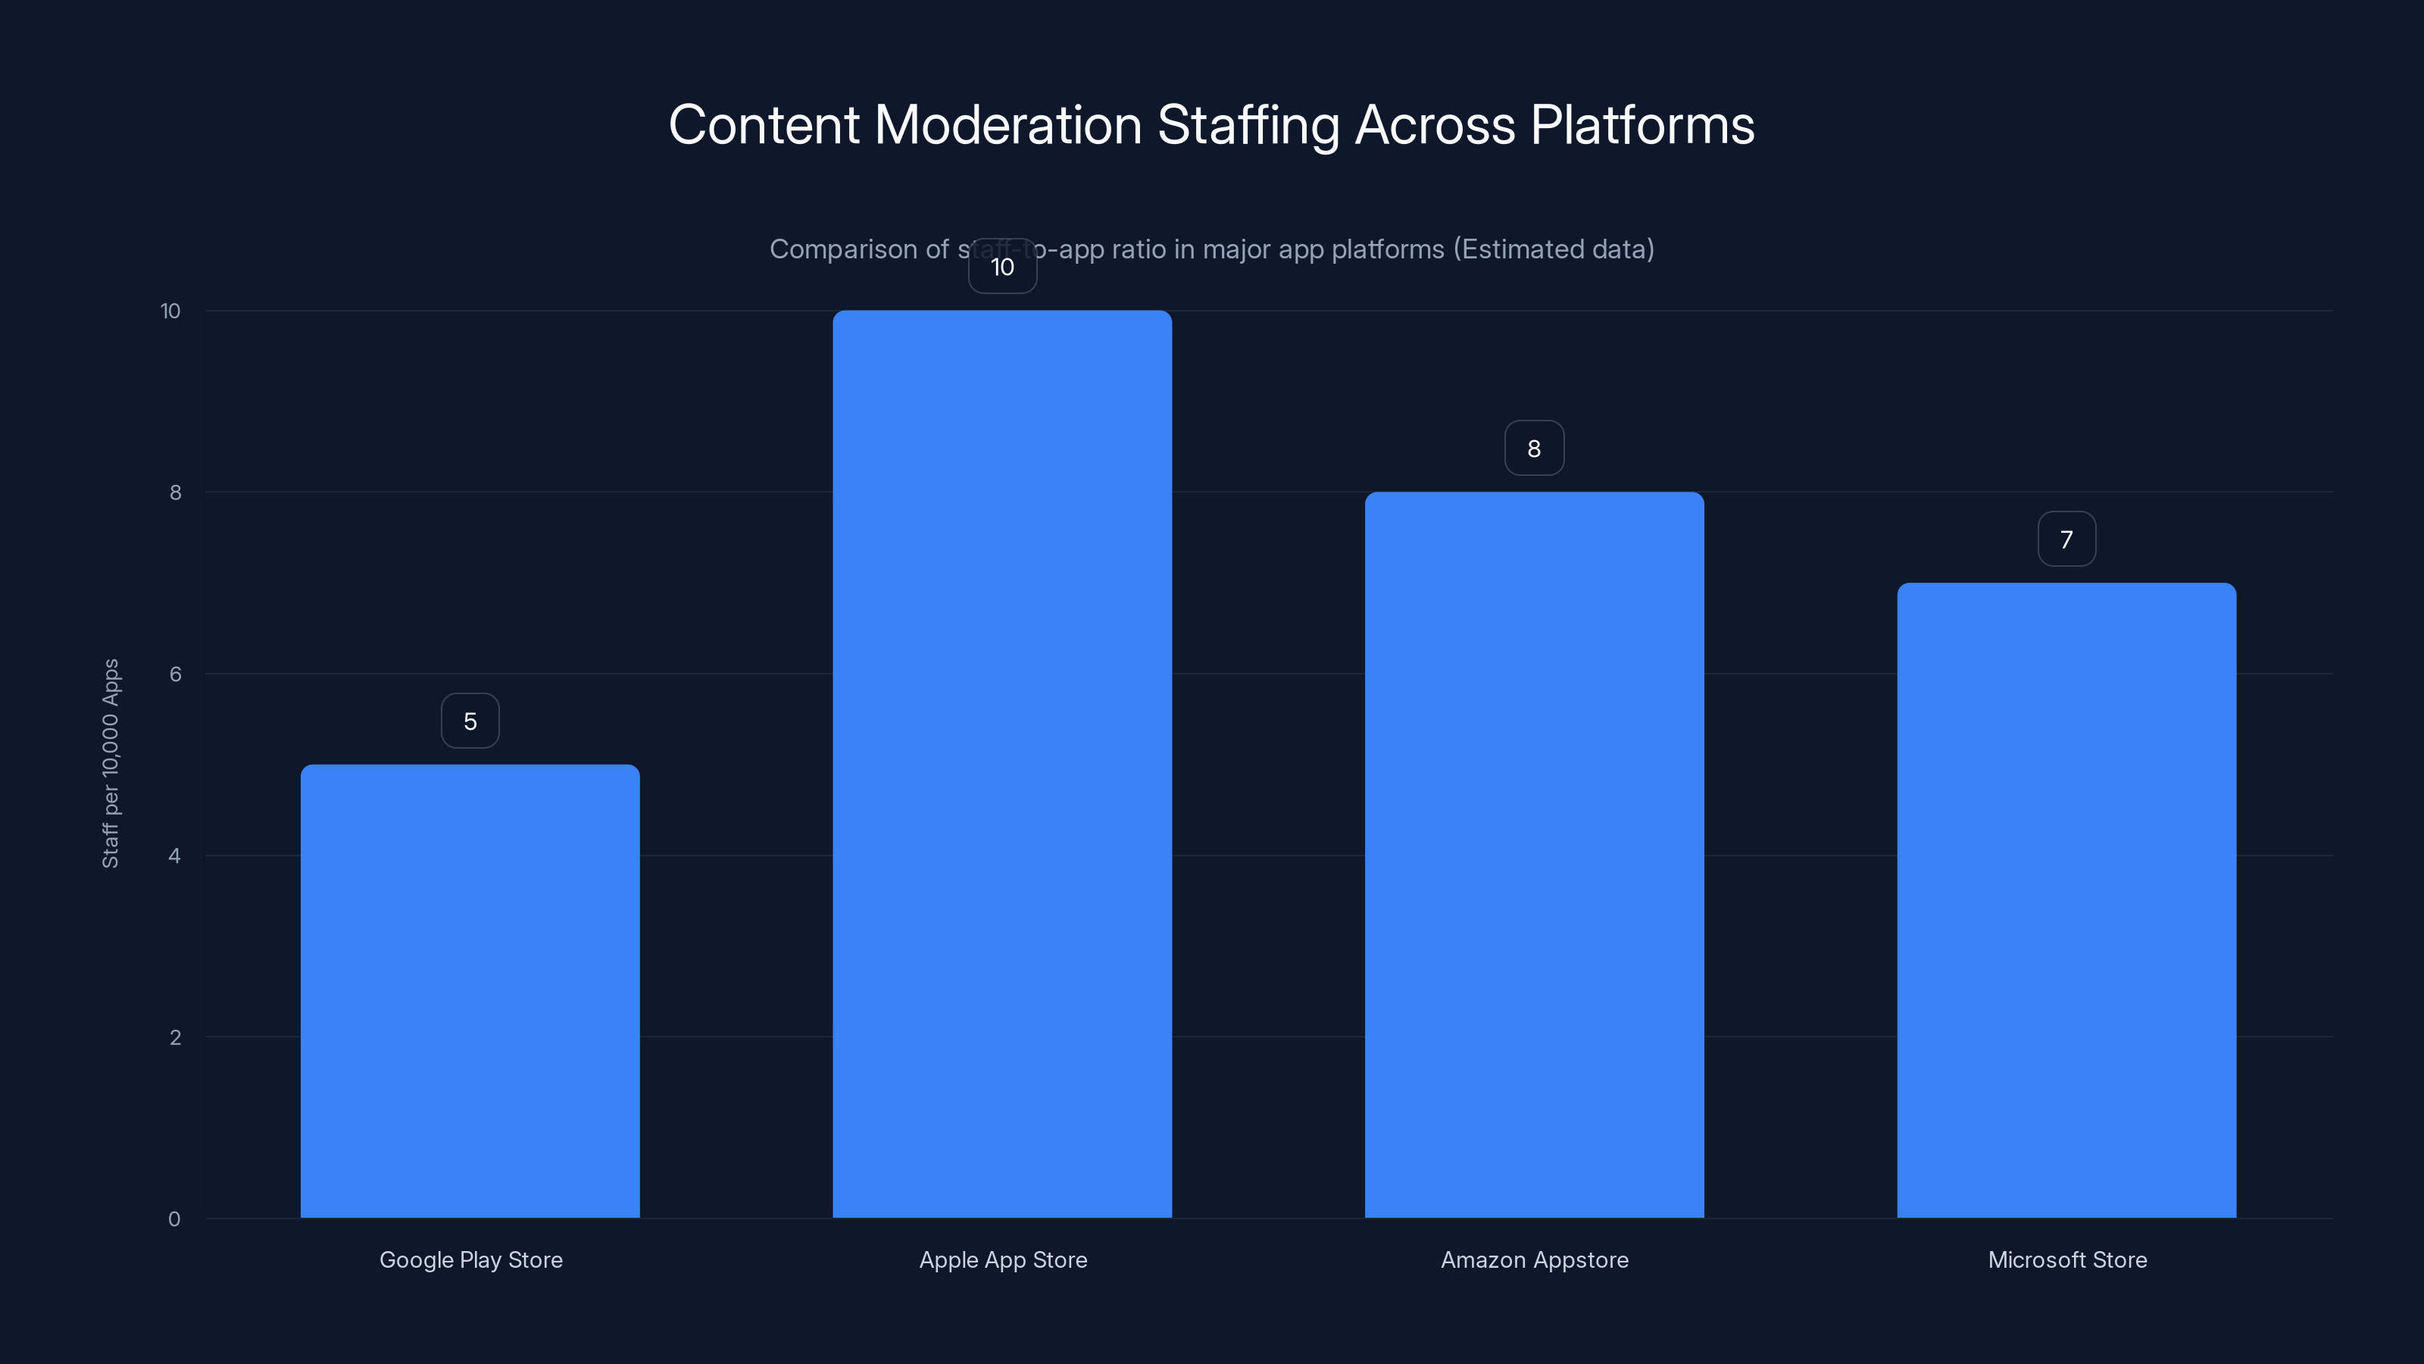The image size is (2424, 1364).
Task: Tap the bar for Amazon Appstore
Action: tap(1534, 854)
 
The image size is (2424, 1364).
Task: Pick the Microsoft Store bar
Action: tap(2066, 900)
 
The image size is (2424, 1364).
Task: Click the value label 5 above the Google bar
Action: tap(470, 721)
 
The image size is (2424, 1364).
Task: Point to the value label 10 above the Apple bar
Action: tap(1002, 267)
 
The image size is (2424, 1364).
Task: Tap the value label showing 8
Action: tap(1534, 449)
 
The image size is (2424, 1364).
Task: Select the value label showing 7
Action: tap(2066, 540)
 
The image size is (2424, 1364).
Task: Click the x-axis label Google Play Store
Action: tap(470, 1259)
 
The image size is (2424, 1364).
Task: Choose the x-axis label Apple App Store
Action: tap(1003, 1259)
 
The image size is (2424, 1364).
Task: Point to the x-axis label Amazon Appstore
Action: tap(1534, 1259)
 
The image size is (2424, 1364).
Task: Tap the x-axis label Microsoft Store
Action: tap(2066, 1259)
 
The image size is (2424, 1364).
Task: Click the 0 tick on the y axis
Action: tap(174, 1219)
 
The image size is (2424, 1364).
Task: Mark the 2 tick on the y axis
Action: tap(175, 1037)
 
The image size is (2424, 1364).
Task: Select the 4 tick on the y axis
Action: tap(174, 856)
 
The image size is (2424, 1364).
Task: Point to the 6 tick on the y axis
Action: tap(175, 674)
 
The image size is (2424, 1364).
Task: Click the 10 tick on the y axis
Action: tap(170, 311)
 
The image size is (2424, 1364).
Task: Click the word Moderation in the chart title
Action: tap(1007, 124)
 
